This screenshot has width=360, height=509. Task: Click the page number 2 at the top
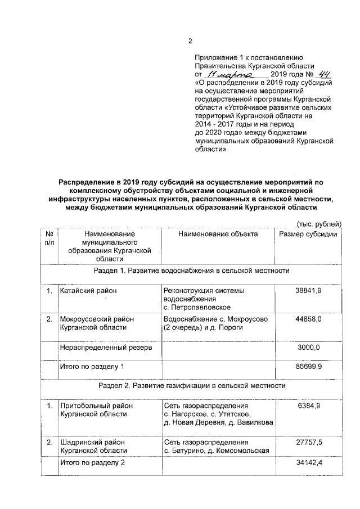(x=190, y=40)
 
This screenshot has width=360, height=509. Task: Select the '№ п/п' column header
(x=49, y=238)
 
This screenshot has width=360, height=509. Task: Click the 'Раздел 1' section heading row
(x=191, y=271)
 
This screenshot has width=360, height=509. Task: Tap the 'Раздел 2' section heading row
(x=191, y=386)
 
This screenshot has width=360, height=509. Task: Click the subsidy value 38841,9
(x=308, y=290)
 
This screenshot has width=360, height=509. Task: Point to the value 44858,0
(x=308, y=319)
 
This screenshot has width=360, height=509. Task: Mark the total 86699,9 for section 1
(x=308, y=367)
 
